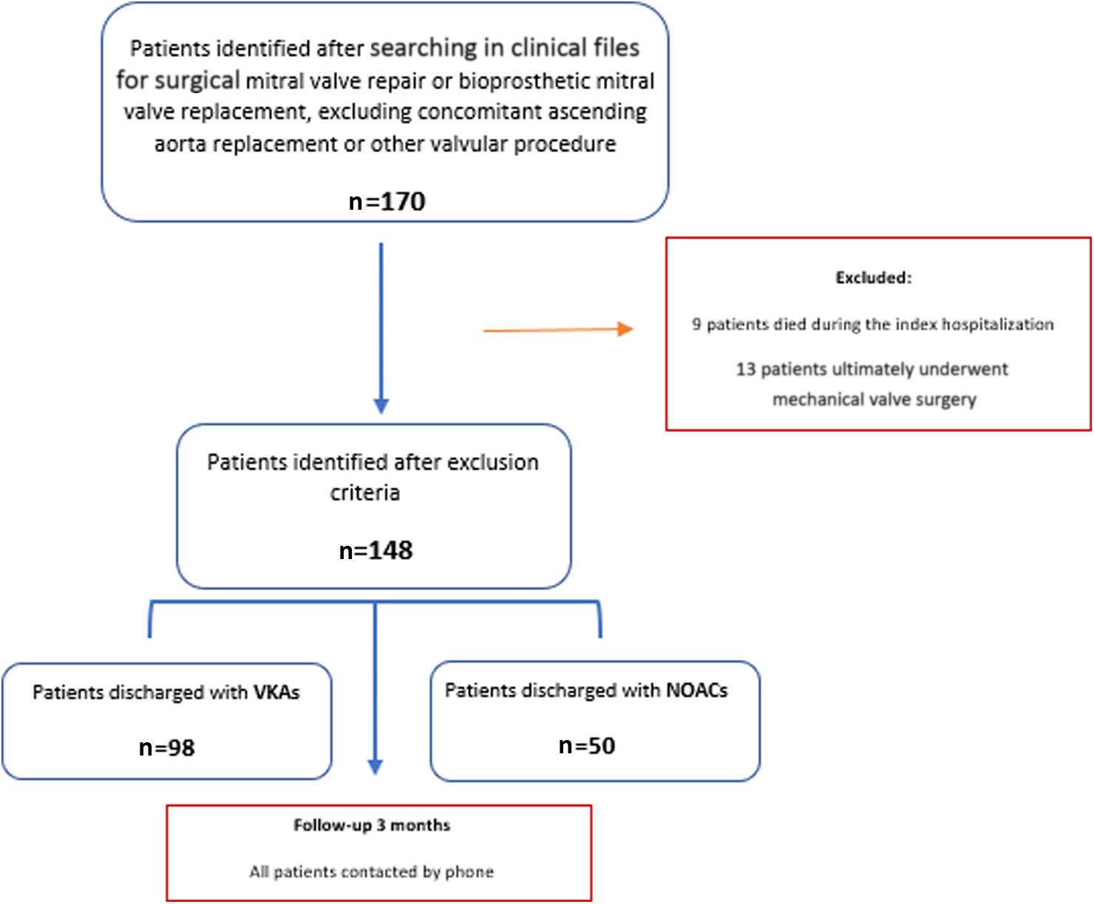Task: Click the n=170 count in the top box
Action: click(x=387, y=201)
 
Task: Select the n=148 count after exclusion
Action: click(x=376, y=550)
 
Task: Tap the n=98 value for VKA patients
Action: click(x=167, y=747)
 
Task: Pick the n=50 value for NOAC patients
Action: click(x=587, y=745)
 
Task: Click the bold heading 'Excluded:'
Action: click(x=873, y=278)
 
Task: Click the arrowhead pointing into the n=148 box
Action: click(x=381, y=405)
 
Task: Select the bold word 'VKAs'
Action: click(x=276, y=692)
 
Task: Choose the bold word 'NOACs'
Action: click(x=697, y=690)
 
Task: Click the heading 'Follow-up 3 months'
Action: click(x=372, y=825)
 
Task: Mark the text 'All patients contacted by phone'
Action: click(x=371, y=872)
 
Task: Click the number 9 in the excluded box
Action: click(x=696, y=324)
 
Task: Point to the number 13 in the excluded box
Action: click(x=745, y=369)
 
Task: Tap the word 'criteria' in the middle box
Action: click(x=364, y=493)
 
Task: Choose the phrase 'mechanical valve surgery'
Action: click(x=874, y=400)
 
